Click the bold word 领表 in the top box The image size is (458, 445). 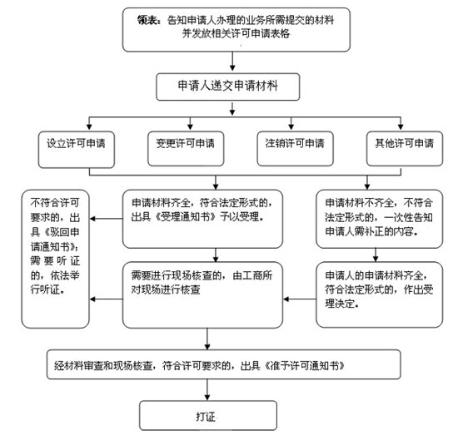pyautogui.click(x=147, y=20)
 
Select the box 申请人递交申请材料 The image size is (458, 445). pyautogui.click(x=228, y=87)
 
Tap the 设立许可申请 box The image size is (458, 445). pyautogui.click(x=77, y=150)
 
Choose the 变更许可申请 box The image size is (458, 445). pyautogui.click(x=186, y=149)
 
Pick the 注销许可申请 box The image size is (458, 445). pyautogui.click(x=295, y=149)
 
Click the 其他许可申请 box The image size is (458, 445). pyautogui.click(x=405, y=149)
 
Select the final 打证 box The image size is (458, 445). pyautogui.click(x=208, y=416)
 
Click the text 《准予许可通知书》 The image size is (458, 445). pyautogui.click(x=304, y=365)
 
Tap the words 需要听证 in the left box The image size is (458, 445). pyautogui.click(x=55, y=260)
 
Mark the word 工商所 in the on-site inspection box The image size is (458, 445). pyautogui.click(x=252, y=275)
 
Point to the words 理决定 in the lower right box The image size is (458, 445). pyautogui.click(x=341, y=304)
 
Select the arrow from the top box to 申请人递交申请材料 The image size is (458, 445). pyautogui.click(x=232, y=61)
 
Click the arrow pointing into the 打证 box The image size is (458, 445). pyautogui.click(x=207, y=390)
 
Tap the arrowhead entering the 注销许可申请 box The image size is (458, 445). pyautogui.click(x=291, y=127)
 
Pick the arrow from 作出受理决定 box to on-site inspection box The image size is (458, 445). pyautogui.click(x=300, y=299)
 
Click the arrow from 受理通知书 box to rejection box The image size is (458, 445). pyautogui.click(x=106, y=219)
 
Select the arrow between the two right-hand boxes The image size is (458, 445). pyautogui.click(x=376, y=255)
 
